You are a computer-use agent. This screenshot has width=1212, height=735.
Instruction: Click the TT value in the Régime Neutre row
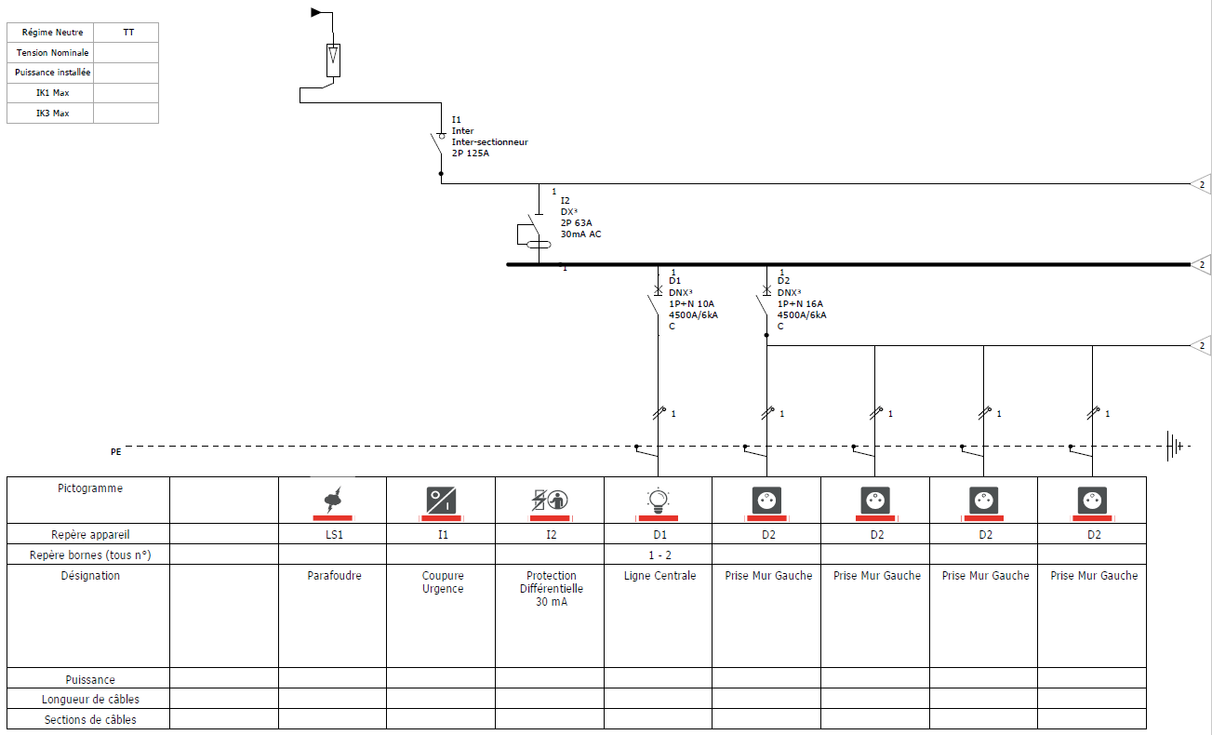pos(128,33)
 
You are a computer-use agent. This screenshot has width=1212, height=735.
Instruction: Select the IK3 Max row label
pos(52,114)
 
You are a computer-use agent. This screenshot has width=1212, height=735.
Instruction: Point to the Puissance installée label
pos(52,73)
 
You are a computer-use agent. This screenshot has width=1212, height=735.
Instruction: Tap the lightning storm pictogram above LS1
pos(333,499)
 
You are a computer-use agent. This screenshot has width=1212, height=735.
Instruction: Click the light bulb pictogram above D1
pos(658,501)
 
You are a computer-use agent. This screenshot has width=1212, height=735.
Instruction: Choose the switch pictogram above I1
pos(441,501)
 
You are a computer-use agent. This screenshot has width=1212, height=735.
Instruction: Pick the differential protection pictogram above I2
pos(550,500)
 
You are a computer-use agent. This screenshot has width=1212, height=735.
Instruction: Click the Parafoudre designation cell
pos(334,575)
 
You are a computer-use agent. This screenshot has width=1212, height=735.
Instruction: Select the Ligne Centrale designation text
pos(659,575)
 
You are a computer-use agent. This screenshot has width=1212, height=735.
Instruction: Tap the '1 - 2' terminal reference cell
pos(659,555)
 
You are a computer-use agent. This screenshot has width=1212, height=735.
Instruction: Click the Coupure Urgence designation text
pos(443,581)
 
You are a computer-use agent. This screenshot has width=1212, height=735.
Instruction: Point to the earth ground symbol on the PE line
pos(1175,446)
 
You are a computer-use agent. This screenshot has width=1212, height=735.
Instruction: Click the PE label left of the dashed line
pos(115,452)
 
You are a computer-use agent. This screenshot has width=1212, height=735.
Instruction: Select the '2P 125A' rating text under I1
pos(470,154)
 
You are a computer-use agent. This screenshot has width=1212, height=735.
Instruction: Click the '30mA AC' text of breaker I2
pos(580,234)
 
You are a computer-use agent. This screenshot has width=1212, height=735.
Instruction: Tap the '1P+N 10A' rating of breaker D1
pos(691,304)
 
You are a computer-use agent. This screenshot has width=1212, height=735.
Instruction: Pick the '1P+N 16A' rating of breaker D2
pos(800,304)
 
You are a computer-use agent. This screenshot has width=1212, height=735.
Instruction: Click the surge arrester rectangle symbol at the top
pos(333,60)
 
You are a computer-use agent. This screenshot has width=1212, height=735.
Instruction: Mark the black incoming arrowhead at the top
pos(316,12)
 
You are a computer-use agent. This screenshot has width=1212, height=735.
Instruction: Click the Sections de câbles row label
pos(90,720)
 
